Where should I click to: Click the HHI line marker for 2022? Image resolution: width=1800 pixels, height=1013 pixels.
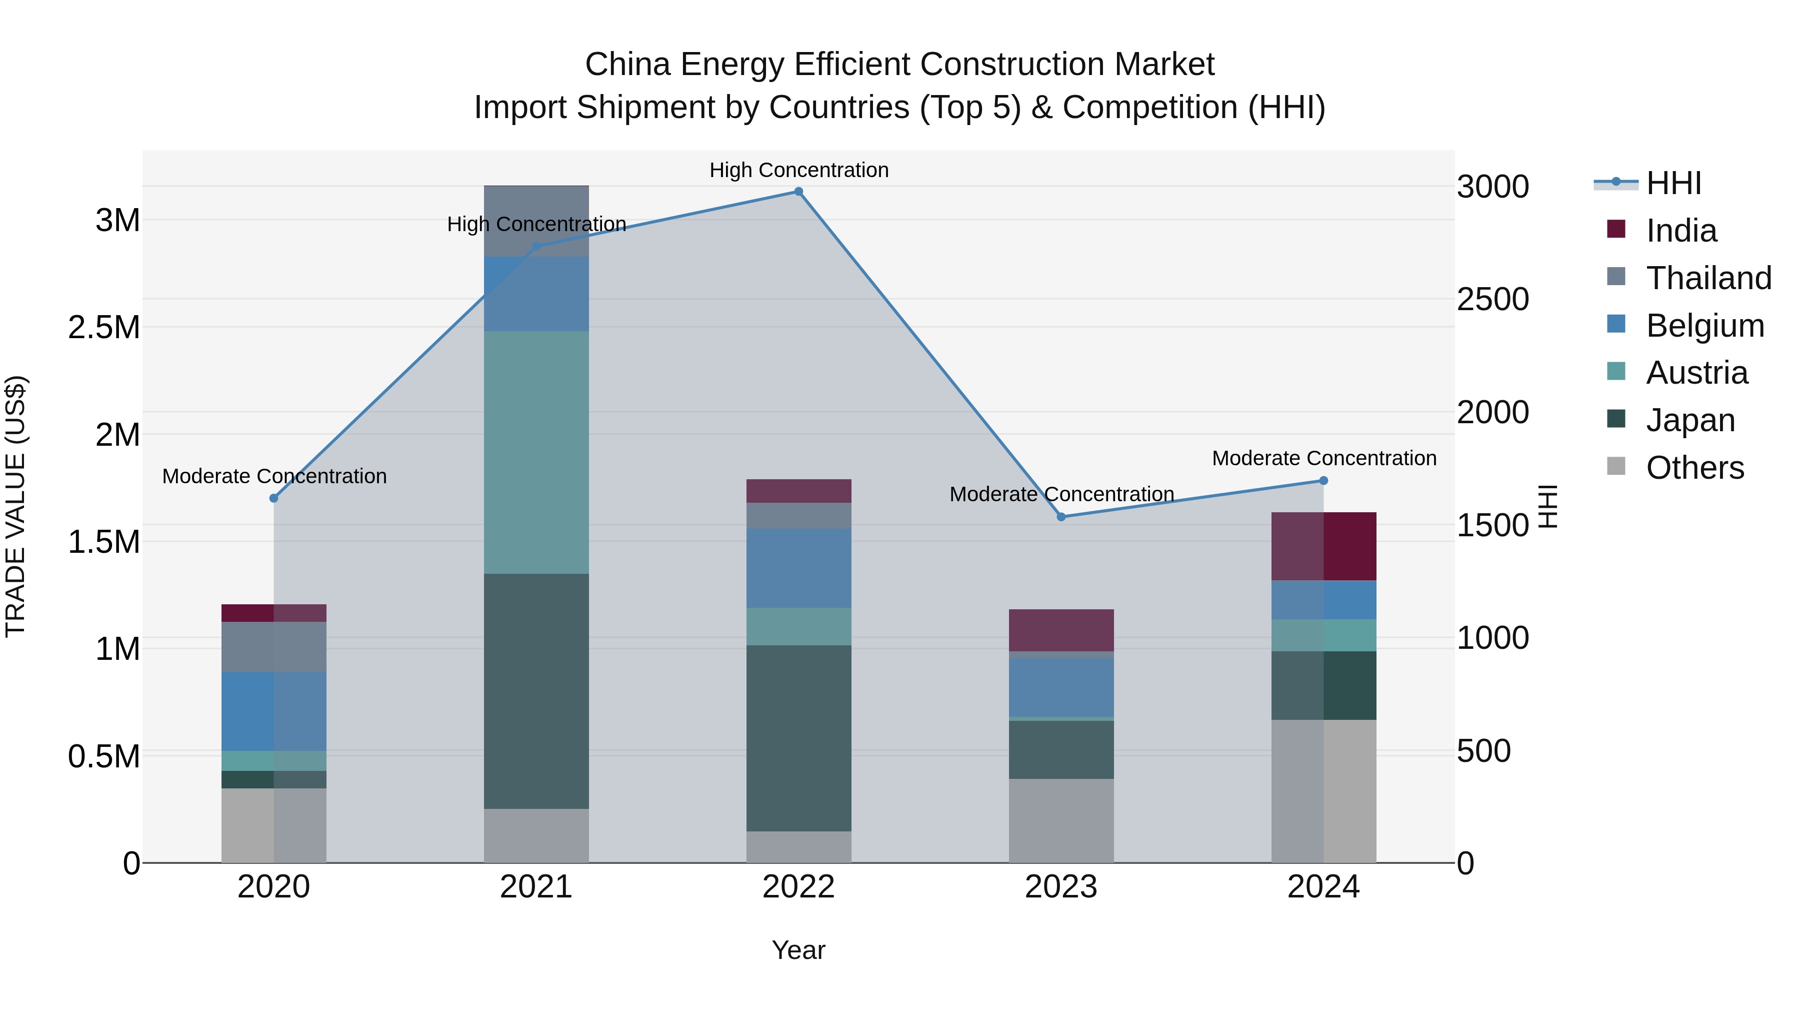(x=798, y=192)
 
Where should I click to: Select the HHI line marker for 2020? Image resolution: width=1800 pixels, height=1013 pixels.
(x=274, y=498)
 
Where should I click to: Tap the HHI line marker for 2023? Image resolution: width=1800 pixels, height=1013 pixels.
(x=1060, y=517)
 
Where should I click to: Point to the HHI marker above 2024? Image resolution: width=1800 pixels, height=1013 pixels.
(x=1323, y=480)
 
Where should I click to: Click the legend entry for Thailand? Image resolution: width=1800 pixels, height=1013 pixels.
(x=1708, y=278)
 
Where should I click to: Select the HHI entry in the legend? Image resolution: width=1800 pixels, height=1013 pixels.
(x=1673, y=183)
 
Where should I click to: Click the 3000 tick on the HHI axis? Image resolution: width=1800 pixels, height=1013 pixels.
(x=1492, y=188)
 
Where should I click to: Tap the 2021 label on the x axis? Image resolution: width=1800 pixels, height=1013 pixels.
(x=536, y=887)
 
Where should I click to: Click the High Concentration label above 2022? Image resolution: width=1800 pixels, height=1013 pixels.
(x=798, y=170)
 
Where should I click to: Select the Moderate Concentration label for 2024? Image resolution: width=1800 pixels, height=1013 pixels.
(x=1323, y=459)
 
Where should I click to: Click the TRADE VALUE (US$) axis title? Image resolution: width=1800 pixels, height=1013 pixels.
(x=15, y=506)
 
